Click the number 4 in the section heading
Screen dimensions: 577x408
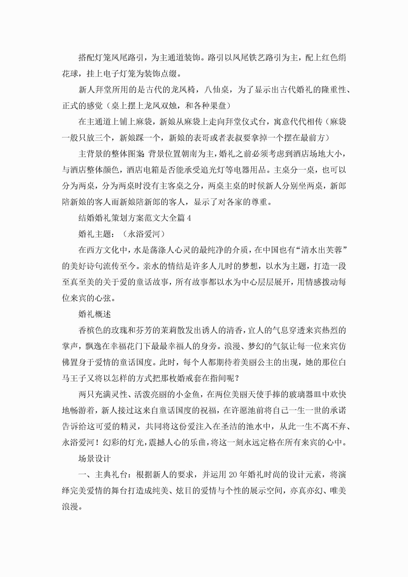click(x=189, y=218)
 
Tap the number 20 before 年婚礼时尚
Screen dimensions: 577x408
click(x=233, y=475)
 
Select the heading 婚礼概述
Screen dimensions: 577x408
click(x=95, y=314)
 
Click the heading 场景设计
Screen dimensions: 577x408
click(x=95, y=458)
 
